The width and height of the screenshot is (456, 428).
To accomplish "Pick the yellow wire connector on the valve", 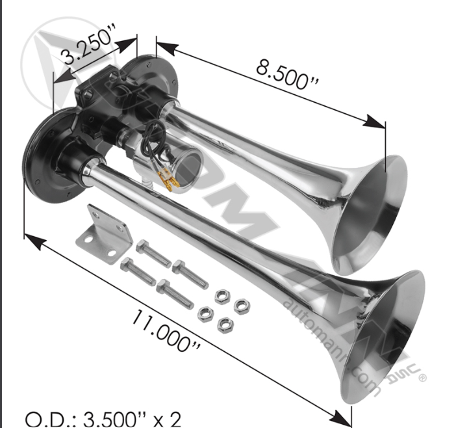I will pos(171,180).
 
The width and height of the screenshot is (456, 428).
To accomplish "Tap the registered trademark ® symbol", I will pos(423,377).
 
